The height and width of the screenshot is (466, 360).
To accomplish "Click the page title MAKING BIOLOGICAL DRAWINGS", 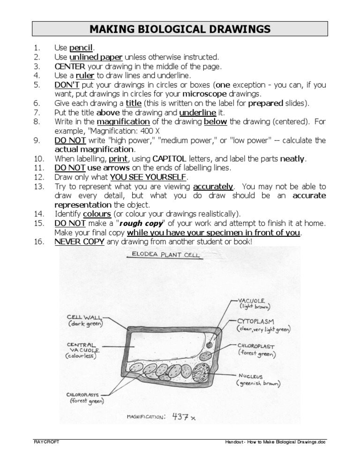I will pos(180,29).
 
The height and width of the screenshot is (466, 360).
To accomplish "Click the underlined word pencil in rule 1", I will pos(82,48).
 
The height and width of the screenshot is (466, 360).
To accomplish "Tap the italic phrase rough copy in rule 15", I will pos(141,223).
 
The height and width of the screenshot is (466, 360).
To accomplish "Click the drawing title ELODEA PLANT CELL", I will pos(163,256).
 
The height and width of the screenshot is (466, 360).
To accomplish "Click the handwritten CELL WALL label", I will pos(86,316).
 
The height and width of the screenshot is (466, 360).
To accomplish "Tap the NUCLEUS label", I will pos(250,376).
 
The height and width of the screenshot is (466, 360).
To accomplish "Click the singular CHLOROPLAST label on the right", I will pos(256,346).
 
